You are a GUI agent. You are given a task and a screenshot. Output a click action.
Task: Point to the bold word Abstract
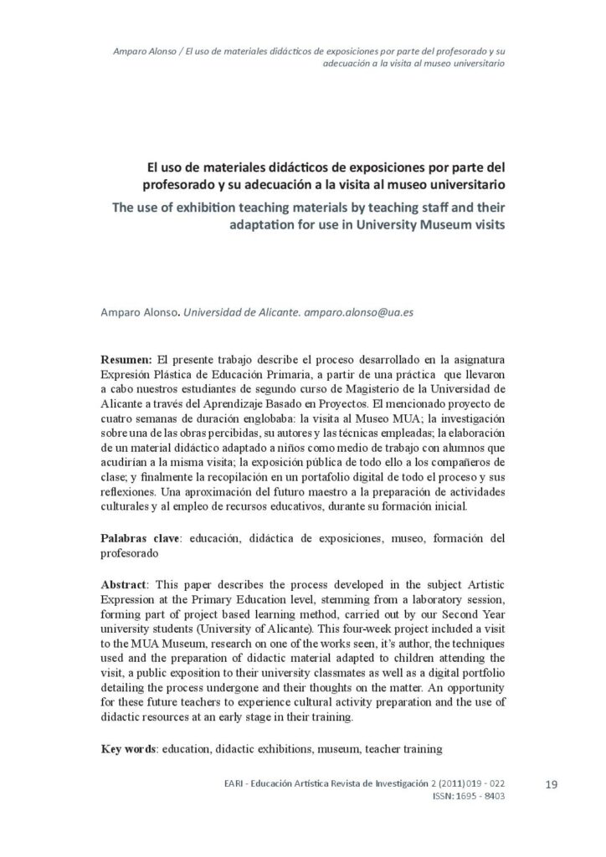point(125,582)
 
